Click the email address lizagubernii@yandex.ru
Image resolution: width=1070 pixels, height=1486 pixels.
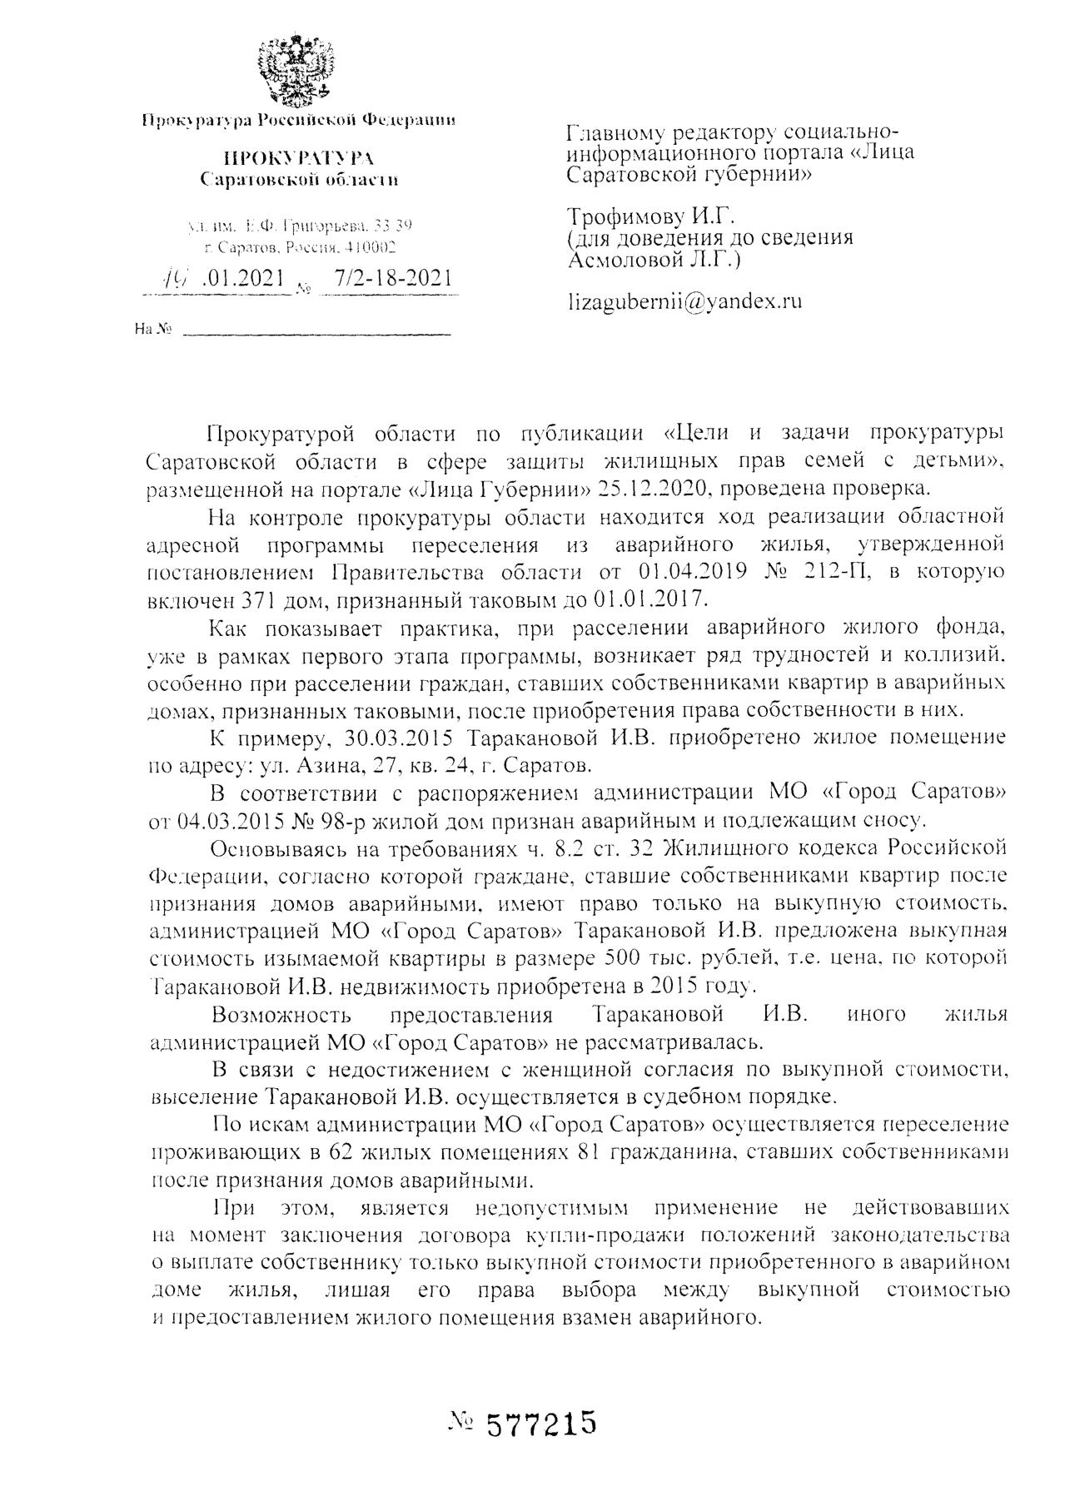684,301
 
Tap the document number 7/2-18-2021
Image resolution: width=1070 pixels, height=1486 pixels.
391,278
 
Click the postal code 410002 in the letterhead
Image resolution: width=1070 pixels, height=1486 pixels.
371,247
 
